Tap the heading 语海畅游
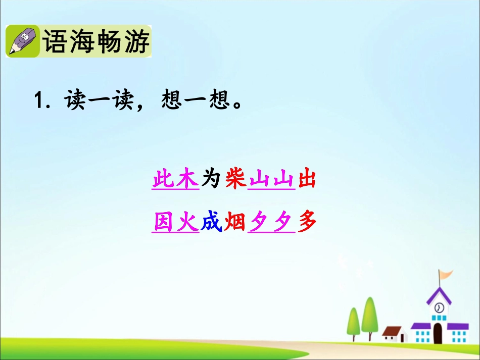(96, 42)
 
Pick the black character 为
(212, 179)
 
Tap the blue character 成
(212, 222)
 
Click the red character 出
(307, 179)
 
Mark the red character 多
(307, 222)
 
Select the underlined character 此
(163, 179)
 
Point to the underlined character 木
(186, 179)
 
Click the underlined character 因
(163, 222)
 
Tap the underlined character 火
(186, 222)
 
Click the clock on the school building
(439, 307)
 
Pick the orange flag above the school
(445, 275)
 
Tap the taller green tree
(370, 316)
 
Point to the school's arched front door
(438, 333)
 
